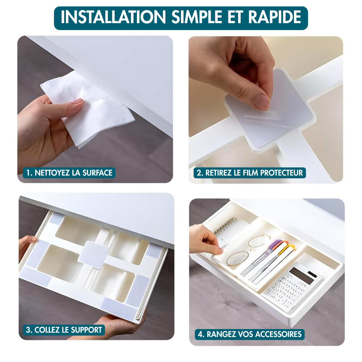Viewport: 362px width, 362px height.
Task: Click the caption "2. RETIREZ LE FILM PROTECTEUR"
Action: coord(247,173)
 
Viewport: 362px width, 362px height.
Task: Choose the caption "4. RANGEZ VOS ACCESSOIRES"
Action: coord(250,334)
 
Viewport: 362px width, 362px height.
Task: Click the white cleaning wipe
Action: coord(90,109)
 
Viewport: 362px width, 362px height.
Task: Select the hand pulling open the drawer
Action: coord(205,239)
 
